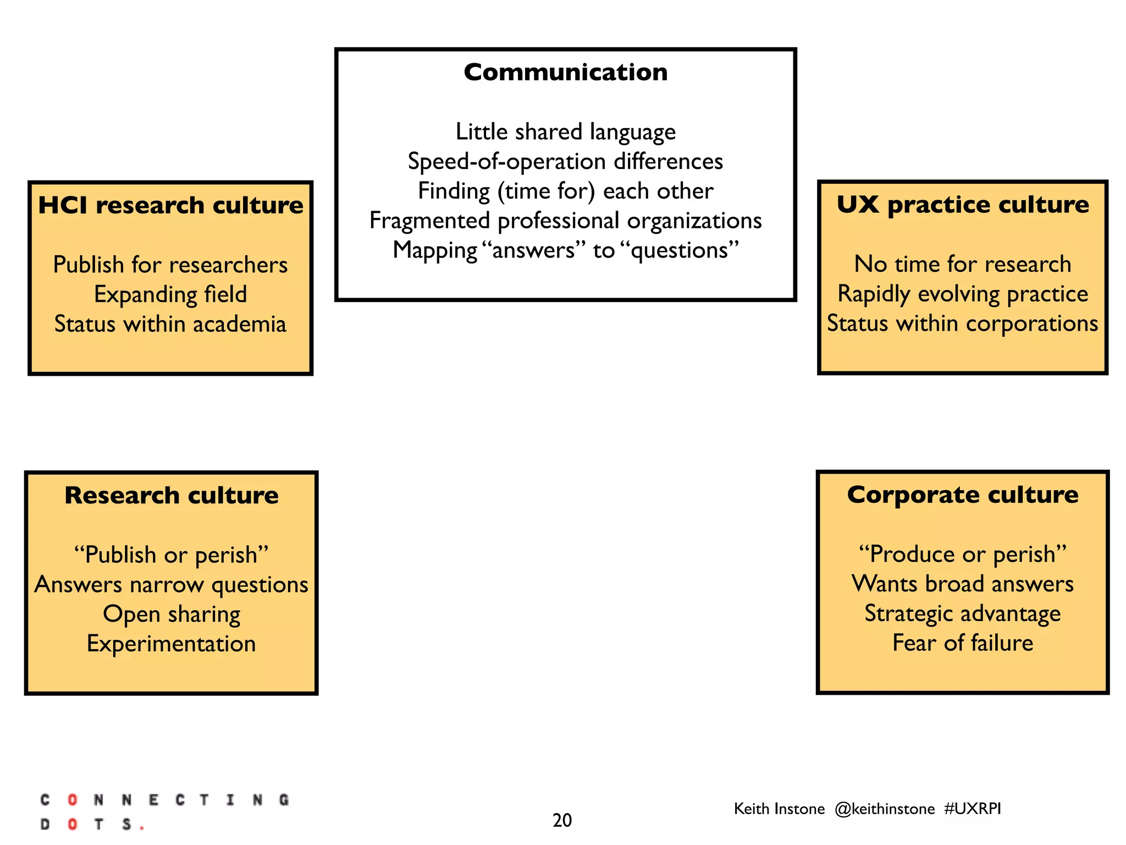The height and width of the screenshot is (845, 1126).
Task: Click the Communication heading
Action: coord(565,73)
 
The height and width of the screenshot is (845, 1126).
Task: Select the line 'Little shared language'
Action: coord(565,132)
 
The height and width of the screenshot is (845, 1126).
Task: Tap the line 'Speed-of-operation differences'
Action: coord(565,162)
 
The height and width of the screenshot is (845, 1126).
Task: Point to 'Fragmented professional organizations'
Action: coord(565,221)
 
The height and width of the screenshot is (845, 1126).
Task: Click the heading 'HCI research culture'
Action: coord(170,206)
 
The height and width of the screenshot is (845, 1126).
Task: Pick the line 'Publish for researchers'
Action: coord(170,265)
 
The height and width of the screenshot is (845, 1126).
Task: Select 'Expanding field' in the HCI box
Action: coord(170,295)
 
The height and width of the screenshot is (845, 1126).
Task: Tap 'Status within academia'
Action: coord(170,325)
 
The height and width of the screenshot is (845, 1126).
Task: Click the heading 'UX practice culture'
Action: coord(962,205)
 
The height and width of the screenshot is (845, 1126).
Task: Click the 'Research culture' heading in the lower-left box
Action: coord(172,496)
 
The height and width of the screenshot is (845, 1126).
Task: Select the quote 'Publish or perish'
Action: coord(172,555)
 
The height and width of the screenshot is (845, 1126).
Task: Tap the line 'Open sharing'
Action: coord(172,614)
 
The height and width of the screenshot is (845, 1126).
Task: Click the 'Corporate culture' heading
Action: coord(962,495)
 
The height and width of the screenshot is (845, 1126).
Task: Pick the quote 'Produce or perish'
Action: coord(962,555)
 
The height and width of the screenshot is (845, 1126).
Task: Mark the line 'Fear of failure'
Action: coord(962,643)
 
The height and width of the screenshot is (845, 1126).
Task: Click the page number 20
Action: coord(562,820)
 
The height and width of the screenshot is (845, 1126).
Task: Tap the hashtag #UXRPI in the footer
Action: coord(972,809)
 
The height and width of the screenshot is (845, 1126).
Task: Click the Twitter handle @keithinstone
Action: coord(884,809)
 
